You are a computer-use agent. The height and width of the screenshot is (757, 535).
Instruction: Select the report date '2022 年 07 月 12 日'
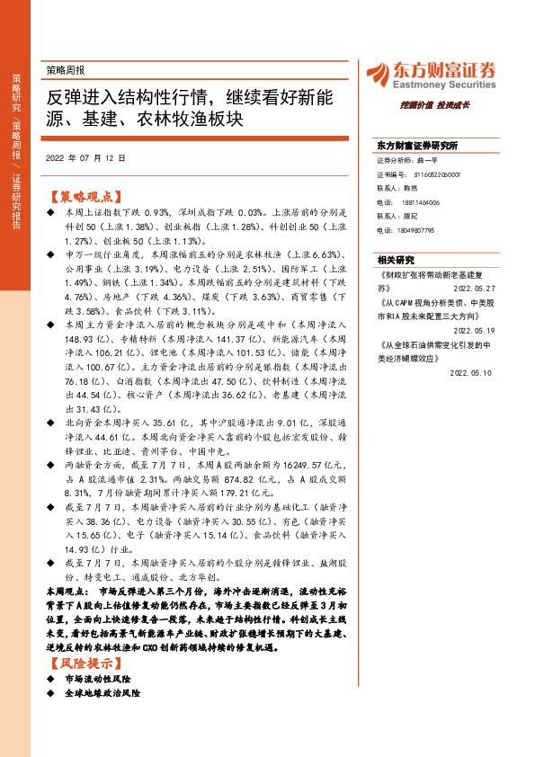[x=85, y=157]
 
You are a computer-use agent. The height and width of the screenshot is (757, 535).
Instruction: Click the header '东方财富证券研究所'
[x=417, y=145]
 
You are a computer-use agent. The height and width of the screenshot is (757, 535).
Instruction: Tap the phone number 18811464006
[x=421, y=203]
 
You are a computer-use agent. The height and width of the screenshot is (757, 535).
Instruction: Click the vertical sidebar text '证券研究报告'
[x=16, y=213]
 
